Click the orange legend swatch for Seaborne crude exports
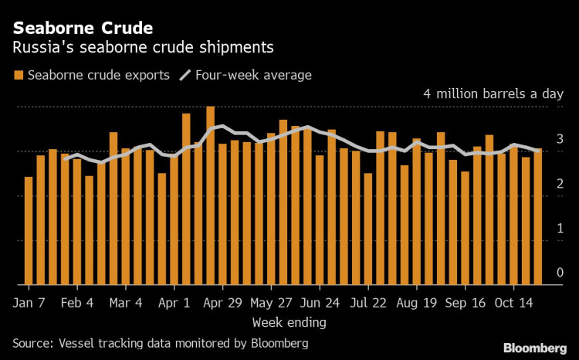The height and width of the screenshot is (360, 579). pos(18,76)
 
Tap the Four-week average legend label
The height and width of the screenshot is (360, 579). pos(256,75)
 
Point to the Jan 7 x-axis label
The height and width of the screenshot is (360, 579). pos(30,302)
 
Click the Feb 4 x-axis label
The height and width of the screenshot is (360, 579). pos(77,302)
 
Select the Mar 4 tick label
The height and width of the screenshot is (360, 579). pos(127,302)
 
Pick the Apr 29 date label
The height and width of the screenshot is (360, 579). pos(223,302)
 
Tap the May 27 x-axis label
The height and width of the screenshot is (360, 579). pos(273,302)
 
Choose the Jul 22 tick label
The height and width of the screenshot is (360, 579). pos(370,302)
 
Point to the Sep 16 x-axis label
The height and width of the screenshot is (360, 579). pos(466,302)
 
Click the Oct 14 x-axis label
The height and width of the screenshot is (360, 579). pos(515,302)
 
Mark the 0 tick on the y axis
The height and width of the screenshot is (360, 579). pos(560,273)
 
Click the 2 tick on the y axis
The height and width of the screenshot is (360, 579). pos(560,184)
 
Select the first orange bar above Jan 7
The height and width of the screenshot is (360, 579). pos(29,231)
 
